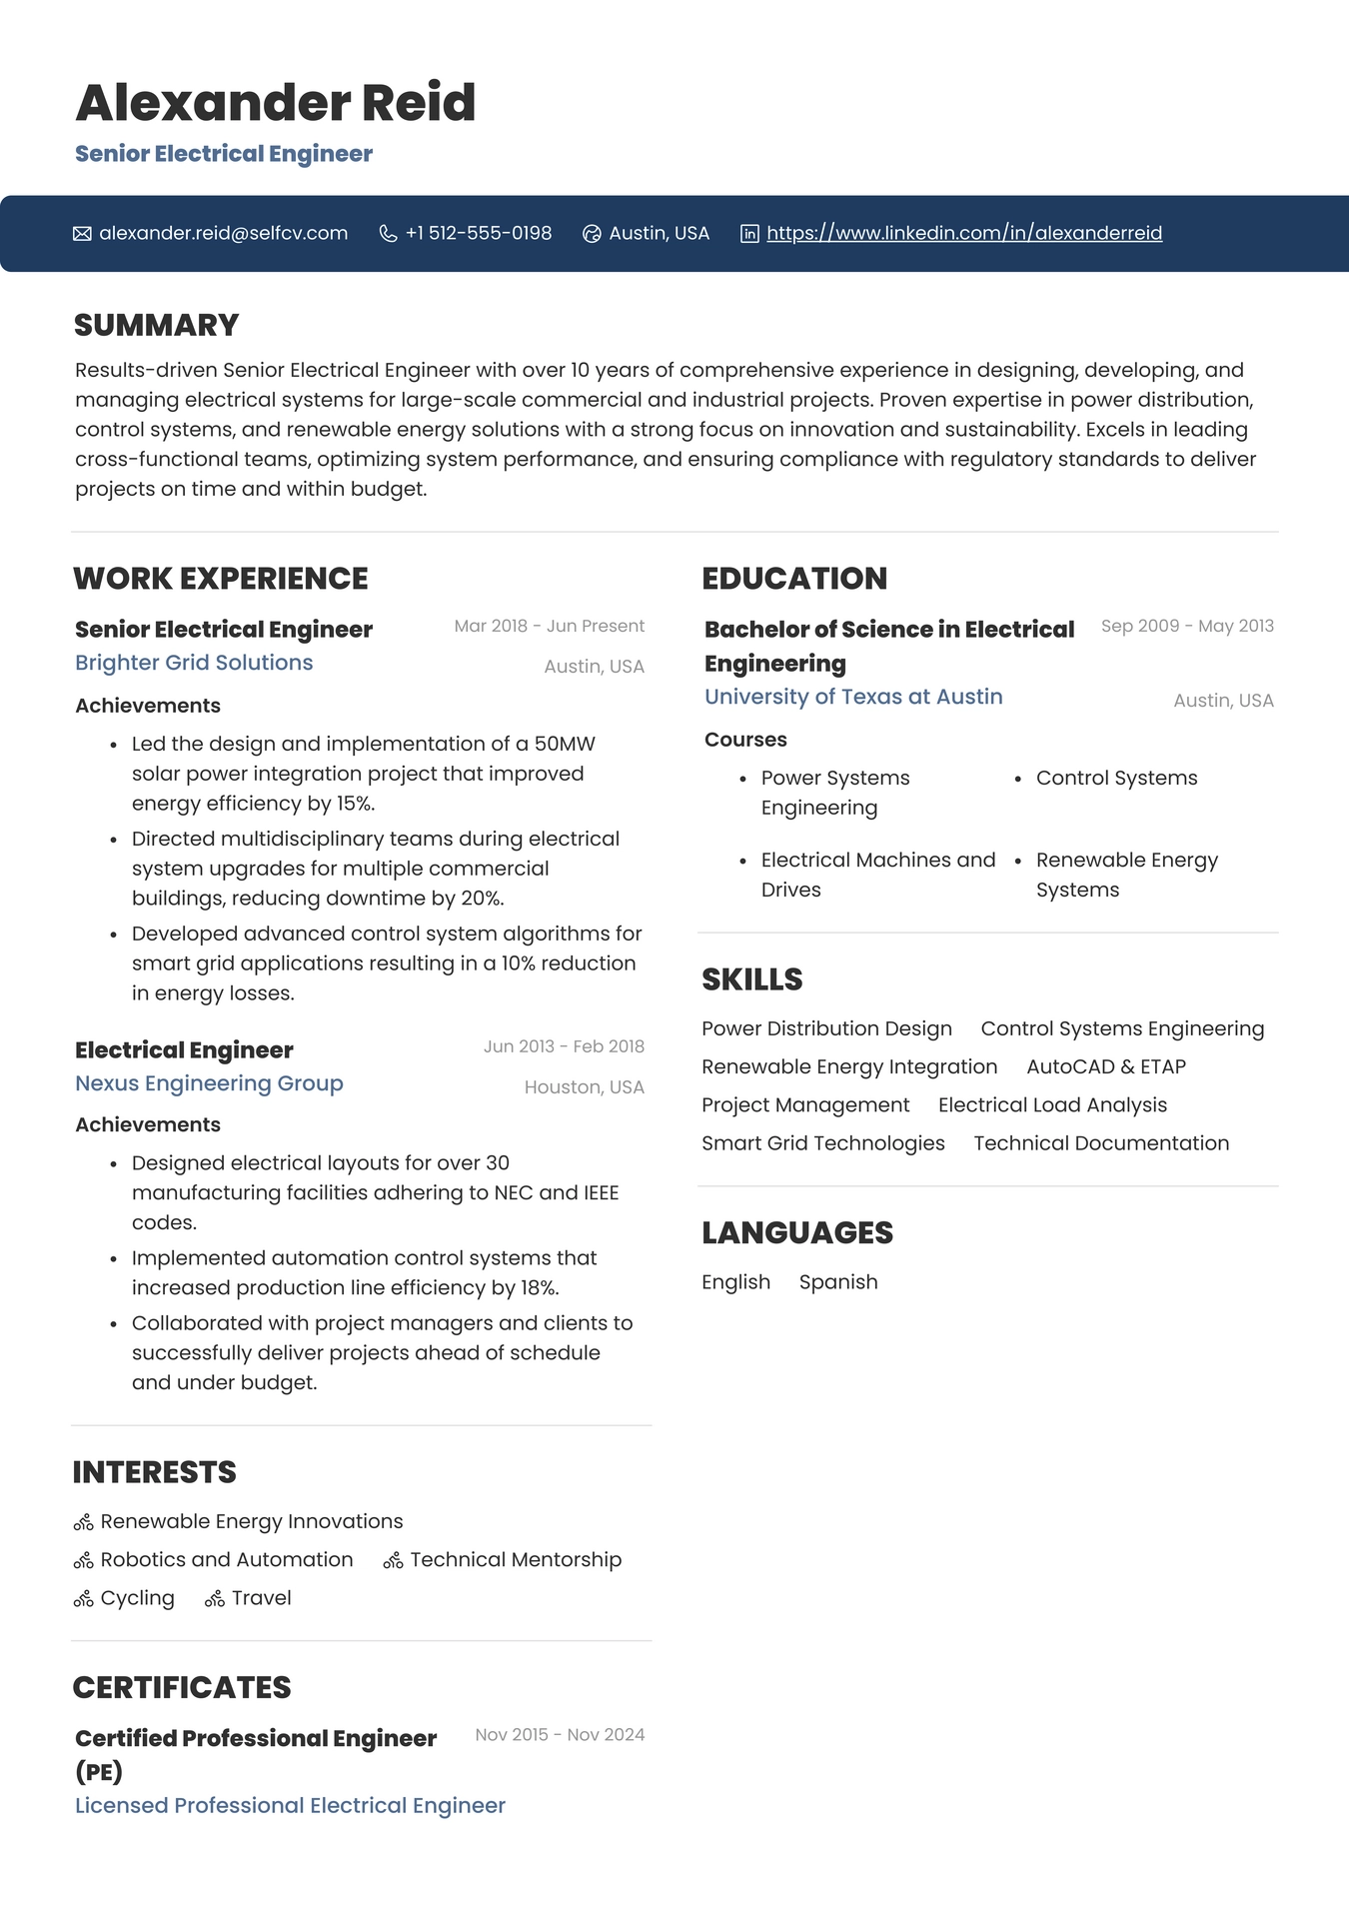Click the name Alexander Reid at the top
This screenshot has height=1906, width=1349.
pyautogui.click(x=275, y=103)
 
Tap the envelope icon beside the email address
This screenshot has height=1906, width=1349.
pyautogui.click(x=82, y=234)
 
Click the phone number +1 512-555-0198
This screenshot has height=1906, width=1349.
pyautogui.click(x=478, y=233)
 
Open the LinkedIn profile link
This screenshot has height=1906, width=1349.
pyautogui.click(x=963, y=233)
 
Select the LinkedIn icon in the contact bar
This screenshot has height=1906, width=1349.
pyautogui.click(x=749, y=234)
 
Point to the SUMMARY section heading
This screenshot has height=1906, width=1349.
pyautogui.click(x=156, y=325)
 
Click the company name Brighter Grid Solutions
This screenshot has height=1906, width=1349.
pyautogui.click(x=194, y=663)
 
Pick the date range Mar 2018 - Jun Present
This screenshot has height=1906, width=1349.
pyautogui.click(x=549, y=626)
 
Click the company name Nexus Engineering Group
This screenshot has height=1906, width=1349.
pyautogui.click(x=209, y=1083)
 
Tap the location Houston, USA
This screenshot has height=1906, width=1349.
pyautogui.click(x=584, y=1087)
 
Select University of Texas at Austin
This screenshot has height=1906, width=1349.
pyautogui.click(x=853, y=697)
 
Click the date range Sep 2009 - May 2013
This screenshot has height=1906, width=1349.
pyautogui.click(x=1187, y=626)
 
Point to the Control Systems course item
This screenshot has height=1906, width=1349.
pyautogui.click(x=1116, y=778)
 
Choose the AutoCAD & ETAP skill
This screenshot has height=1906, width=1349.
pyautogui.click(x=1105, y=1066)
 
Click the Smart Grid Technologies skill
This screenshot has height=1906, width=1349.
pyautogui.click(x=822, y=1143)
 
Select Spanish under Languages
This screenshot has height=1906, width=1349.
pyautogui.click(x=838, y=1282)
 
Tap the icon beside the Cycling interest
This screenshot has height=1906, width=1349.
pyautogui.click(x=83, y=1599)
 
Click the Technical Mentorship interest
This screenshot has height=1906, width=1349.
pyautogui.click(x=516, y=1560)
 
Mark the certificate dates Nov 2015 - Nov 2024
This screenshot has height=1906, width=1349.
pyautogui.click(x=560, y=1735)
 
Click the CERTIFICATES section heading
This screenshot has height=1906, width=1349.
pyautogui.click(x=182, y=1687)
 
